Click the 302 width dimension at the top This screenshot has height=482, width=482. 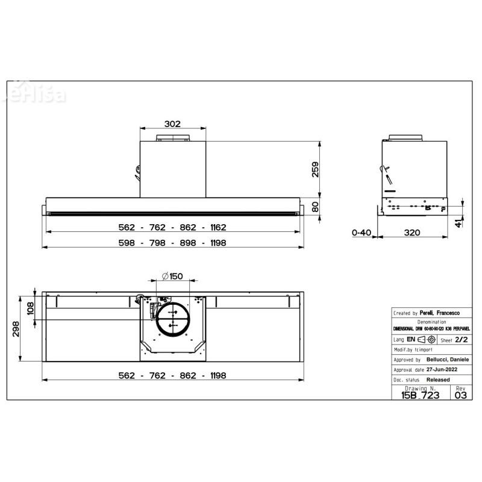click(172, 124)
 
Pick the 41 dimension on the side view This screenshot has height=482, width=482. click(460, 224)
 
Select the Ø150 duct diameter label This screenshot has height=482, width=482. click(172, 276)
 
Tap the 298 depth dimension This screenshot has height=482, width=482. click(17, 328)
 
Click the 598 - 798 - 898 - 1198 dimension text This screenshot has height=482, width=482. click(172, 242)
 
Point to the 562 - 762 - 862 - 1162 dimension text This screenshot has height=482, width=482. click(172, 228)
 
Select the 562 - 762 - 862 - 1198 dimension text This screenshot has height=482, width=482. click(172, 375)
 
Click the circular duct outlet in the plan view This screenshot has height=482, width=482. click(172, 318)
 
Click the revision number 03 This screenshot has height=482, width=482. click(461, 395)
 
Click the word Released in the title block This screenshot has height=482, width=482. click(438, 380)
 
